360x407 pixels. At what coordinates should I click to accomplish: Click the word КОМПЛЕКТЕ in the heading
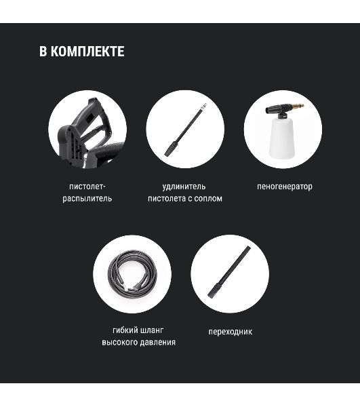click(87, 51)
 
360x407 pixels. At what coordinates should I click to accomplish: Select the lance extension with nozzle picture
click(186, 130)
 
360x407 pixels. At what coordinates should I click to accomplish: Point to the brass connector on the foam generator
click(298, 106)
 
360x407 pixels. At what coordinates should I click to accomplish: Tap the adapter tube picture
click(229, 272)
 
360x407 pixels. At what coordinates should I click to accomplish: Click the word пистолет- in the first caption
click(87, 187)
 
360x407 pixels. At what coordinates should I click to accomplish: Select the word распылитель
click(87, 199)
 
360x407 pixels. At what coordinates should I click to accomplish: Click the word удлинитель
click(184, 187)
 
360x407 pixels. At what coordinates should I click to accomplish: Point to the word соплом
click(208, 199)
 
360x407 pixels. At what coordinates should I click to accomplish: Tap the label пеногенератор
click(285, 187)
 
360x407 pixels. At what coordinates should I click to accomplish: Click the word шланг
click(152, 330)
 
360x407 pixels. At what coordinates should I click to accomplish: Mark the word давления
click(158, 343)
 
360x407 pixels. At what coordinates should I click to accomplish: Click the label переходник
click(231, 332)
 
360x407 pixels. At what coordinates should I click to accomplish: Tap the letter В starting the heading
click(43, 51)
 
